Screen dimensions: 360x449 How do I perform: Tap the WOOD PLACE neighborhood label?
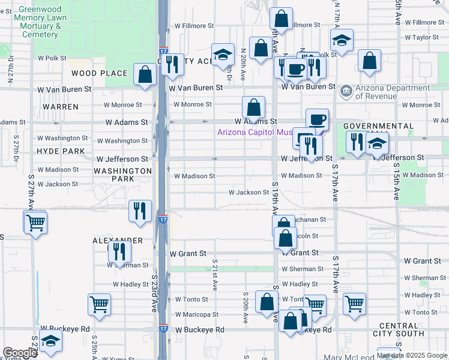[100, 73]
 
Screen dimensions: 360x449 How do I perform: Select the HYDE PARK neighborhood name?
[61, 151]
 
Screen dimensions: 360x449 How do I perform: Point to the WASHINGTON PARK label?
[122, 175]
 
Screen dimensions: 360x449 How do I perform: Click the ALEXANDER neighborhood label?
[118, 241]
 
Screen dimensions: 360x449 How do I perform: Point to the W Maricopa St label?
[197, 314]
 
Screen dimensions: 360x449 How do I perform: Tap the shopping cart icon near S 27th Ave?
[35, 223]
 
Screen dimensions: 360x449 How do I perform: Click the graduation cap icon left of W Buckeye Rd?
[51, 341]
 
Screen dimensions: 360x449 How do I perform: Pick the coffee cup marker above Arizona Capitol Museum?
[317, 119]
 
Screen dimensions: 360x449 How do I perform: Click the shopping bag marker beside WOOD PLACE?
[145, 75]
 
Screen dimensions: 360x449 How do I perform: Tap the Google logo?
[20, 353]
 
